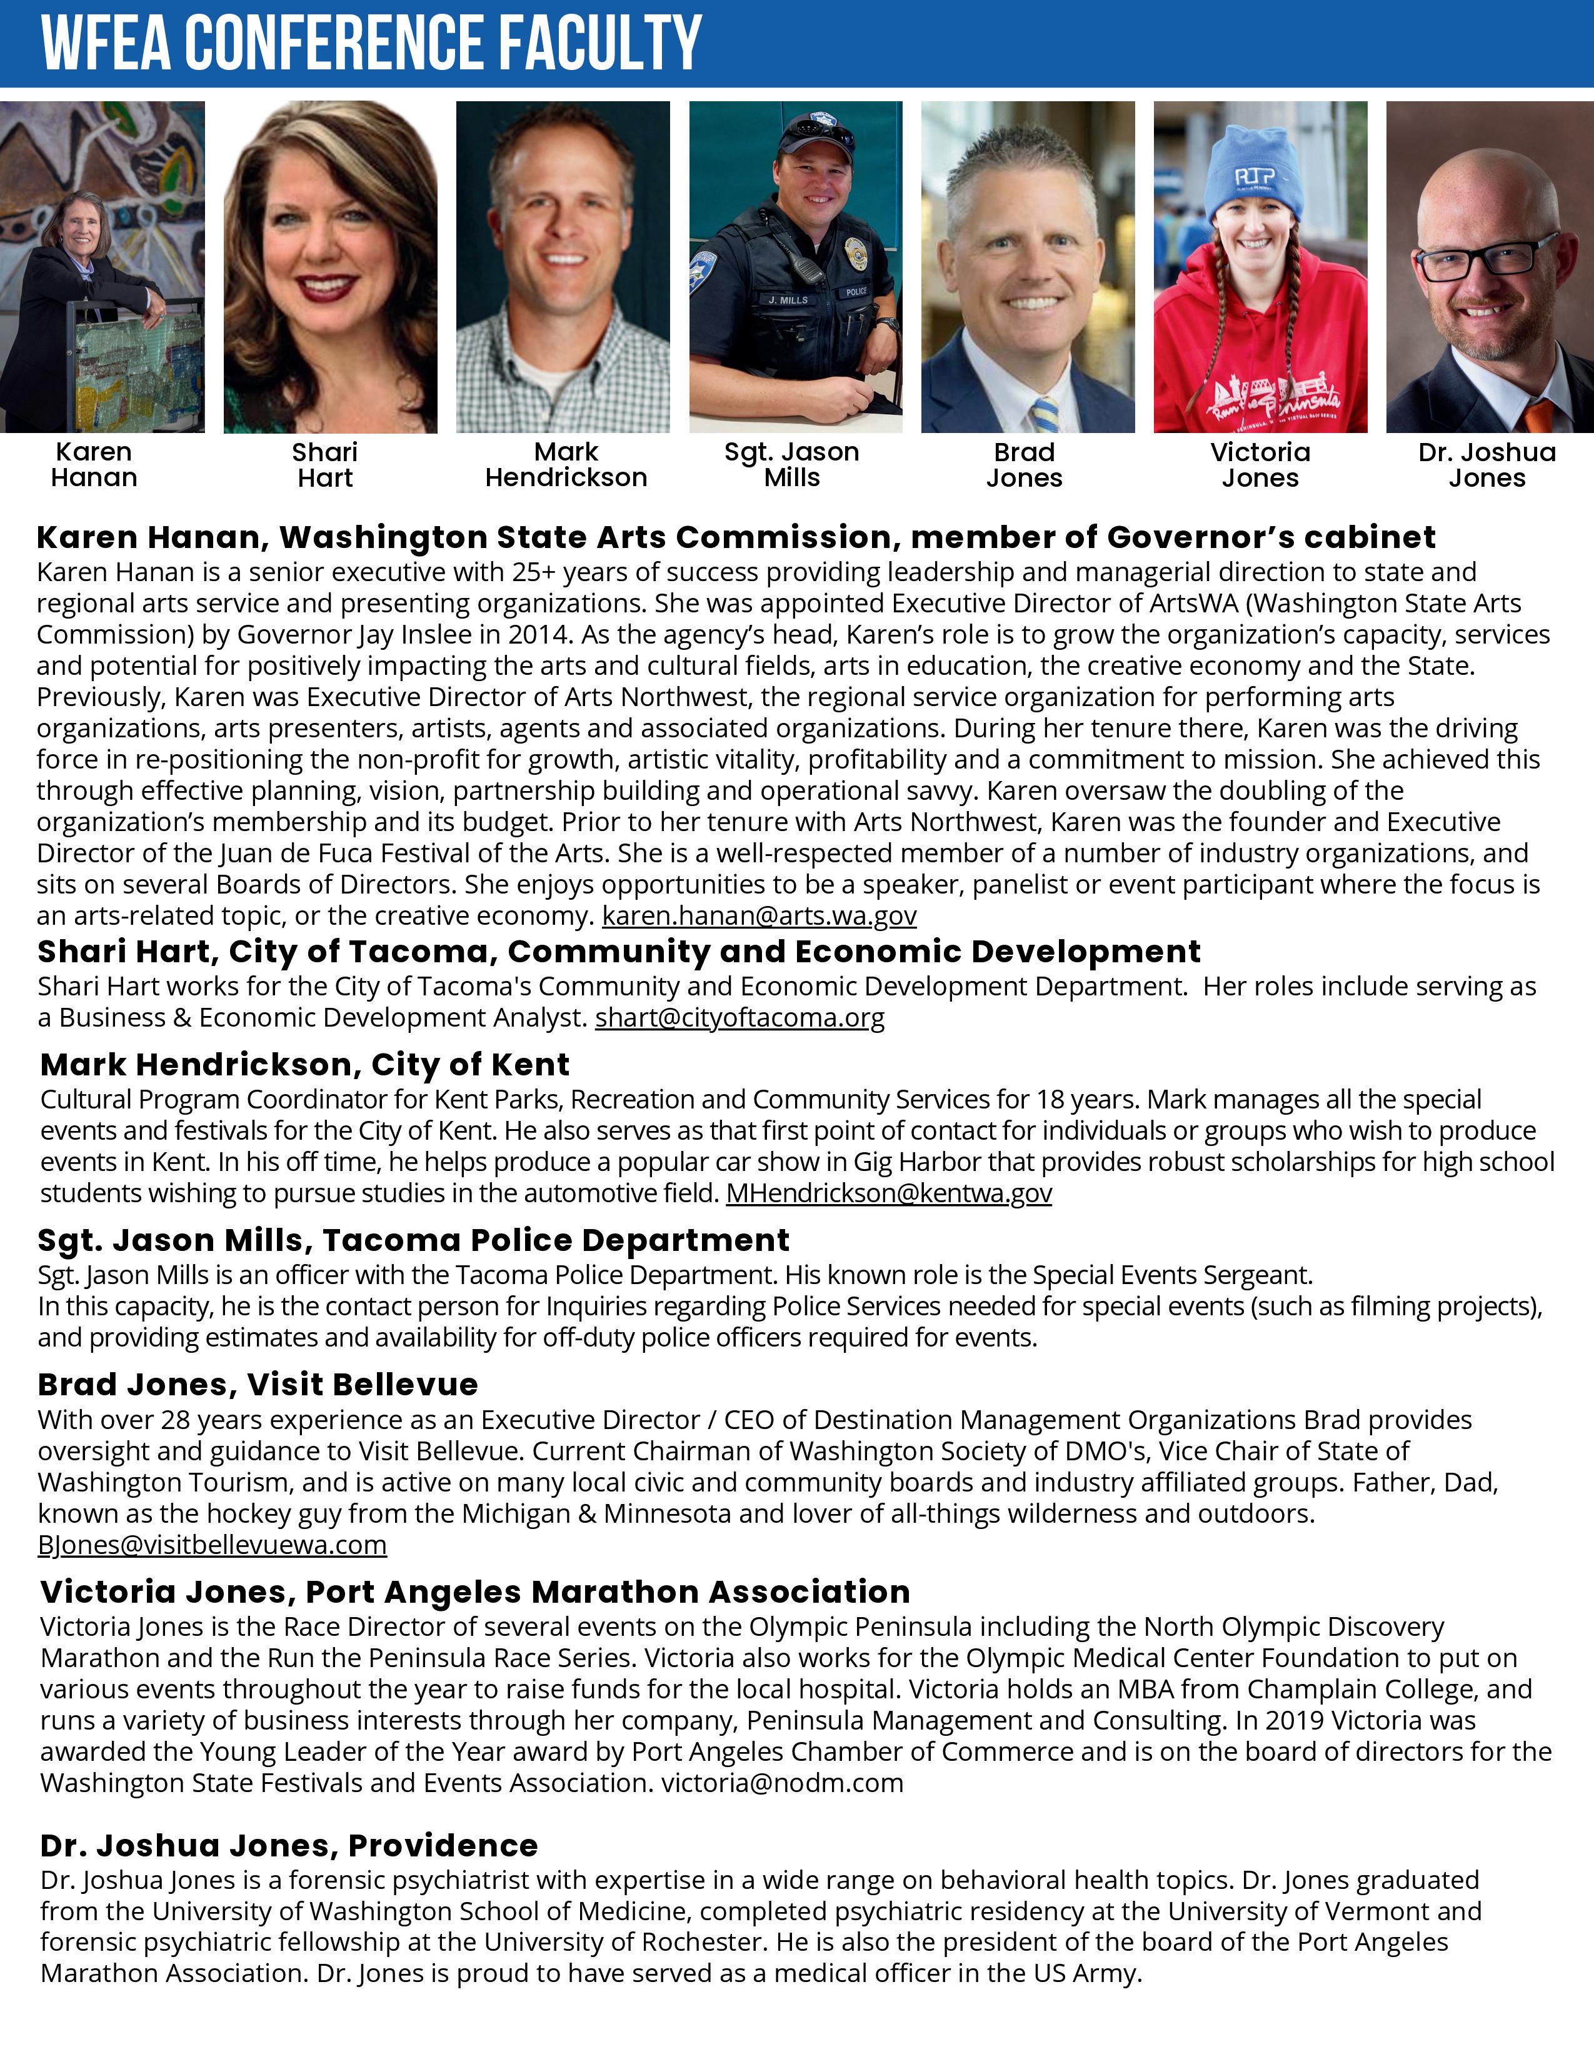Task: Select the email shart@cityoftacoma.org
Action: click(x=739, y=1018)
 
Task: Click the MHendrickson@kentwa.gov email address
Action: click(x=889, y=1193)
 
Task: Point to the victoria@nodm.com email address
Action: click(x=782, y=1783)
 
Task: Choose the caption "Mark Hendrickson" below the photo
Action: click(x=566, y=464)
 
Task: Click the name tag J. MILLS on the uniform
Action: click(x=788, y=300)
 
